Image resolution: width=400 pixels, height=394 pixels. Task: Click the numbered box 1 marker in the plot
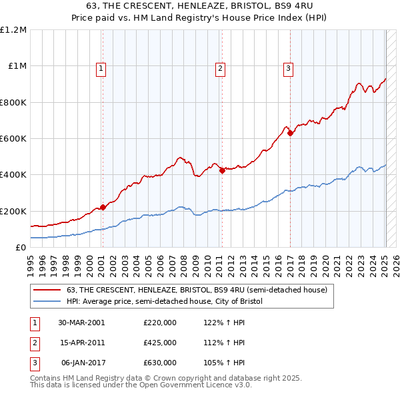pyautogui.click(x=101, y=67)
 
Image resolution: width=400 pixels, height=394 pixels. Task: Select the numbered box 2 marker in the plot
pyautogui.click(x=220, y=67)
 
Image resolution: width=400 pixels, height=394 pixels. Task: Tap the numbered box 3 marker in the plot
pyautogui.click(x=288, y=67)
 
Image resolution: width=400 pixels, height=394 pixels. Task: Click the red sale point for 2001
pyautogui.click(x=103, y=207)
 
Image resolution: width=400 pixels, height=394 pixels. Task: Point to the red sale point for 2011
pyautogui.click(x=222, y=170)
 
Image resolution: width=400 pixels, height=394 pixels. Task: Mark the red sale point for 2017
pyautogui.click(x=290, y=133)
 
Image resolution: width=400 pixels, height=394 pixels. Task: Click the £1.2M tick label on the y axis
pyautogui.click(x=13, y=30)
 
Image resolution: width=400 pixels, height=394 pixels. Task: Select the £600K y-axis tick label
pyautogui.click(x=13, y=139)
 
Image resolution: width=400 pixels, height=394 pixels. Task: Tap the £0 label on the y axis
pyautogui.click(x=20, y=248)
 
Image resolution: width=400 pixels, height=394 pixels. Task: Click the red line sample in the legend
pyautogui.click(x=47, y=290)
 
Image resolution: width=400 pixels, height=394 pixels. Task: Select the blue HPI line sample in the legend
pyautogui.click(x=47, y=302)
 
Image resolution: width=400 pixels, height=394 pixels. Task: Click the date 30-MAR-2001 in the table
pyautogui.click(x=81, y=323)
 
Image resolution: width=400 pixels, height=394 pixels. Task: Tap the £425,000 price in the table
pyautogui.click(x=160, y=343)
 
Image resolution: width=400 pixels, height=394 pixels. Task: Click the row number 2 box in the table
pyautogui.click(x=34, y=343)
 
